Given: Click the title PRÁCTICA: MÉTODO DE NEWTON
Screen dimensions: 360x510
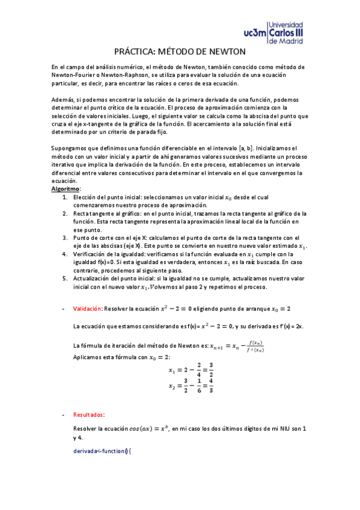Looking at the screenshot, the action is click(x=180, y=53).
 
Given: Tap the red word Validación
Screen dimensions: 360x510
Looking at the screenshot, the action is click(x=87, y=309).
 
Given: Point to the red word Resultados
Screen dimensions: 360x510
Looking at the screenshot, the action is click(x=88, y=414).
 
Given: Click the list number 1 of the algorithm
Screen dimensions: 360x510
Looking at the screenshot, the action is click(x=65, y=197).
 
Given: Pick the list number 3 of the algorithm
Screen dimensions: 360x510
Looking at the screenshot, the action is click(x=65, y=238).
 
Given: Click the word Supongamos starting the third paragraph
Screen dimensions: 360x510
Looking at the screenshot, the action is click(x=70, y=148).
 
